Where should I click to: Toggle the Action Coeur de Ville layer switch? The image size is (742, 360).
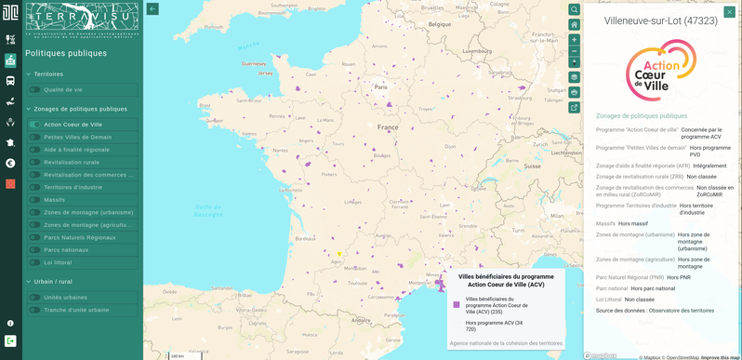tap(34, 125)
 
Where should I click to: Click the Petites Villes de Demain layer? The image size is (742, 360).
tap(77, 137)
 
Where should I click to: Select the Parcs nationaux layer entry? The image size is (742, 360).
tap(66, 250)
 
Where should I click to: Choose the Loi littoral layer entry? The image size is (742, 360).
tap(58, 262)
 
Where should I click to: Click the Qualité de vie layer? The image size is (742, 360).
tap(63, 90)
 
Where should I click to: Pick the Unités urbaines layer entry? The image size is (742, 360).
tap(65, 298)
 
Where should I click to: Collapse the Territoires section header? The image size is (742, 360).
tap(48, 74)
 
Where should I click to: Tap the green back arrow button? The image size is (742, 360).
tap(152, 9)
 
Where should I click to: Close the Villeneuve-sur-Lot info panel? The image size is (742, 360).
tap(729, 11)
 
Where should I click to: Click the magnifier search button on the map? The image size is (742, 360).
tap(575, 10)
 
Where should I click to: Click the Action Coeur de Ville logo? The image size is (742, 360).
tap(660, 71)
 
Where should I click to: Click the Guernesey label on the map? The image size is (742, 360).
tap(253, 64)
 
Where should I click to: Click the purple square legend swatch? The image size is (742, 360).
tap(457, 305)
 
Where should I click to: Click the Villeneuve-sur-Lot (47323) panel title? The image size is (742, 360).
tap(660, 20)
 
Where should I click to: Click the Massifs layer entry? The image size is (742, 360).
tap(54, 200)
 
